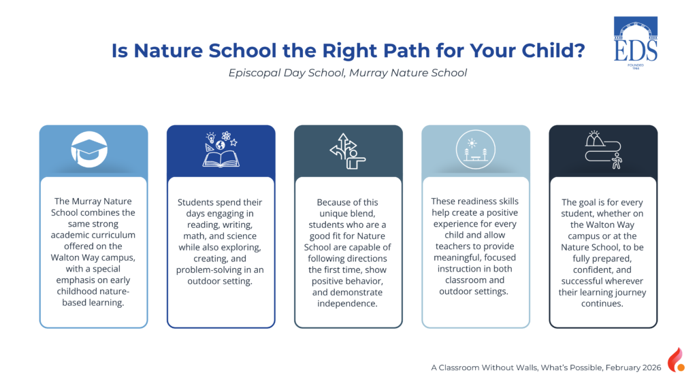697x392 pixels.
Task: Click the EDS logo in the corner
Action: tap(636, 43)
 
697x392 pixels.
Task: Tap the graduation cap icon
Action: tap(89, 149)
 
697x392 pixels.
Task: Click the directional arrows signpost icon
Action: tap(348, 151)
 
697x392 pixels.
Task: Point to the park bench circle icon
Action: tap(475, 149)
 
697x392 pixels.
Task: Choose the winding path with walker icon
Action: tap(603, 150)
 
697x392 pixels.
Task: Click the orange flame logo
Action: tap(676, 359)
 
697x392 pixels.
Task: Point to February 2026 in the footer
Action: tap(634, 367)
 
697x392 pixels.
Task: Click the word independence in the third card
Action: tap(347, 304)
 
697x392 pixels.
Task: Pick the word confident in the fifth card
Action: tap(593, 269)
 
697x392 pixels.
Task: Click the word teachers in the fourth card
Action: tap(453, 246)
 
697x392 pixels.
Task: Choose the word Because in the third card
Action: tap(331, 202)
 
